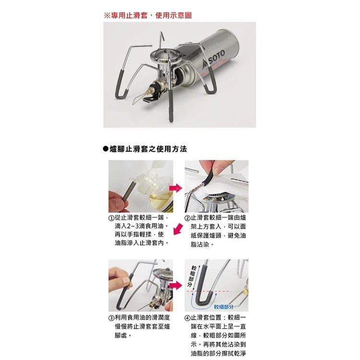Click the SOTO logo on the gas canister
(214, 60)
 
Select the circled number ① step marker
(111, 218)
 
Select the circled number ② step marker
(187, 218)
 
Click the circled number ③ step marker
(111, 318)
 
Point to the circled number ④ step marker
(187, 318)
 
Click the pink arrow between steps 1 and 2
(175, 188)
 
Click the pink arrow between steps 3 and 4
(175, 286)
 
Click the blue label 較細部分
(224, 307)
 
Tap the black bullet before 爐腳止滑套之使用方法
(106, 149)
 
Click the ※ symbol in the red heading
(107, 16)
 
